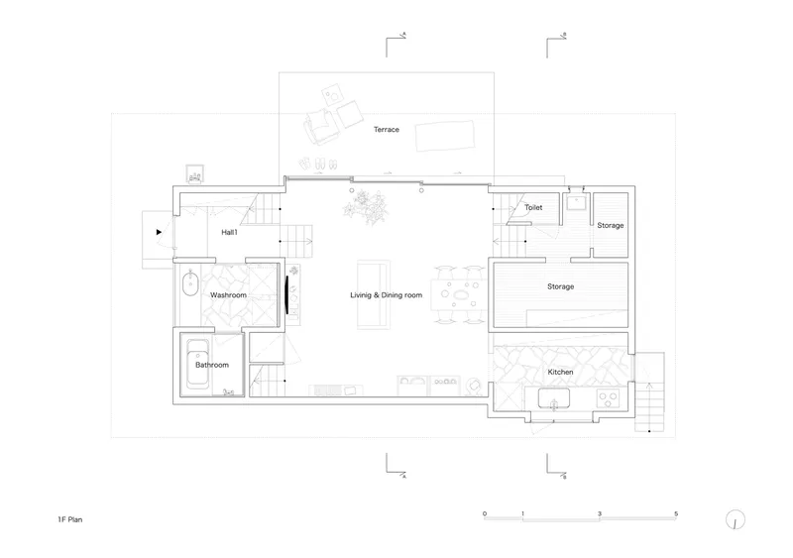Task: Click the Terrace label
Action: pyautogui.click(x=387, y=130)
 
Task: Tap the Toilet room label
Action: pyautogui.click(x=533, y=207)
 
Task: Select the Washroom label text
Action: pyautogui.click(x=228, y=295)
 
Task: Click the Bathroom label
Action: pyautogui.click(x=212, y=365)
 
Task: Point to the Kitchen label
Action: pyautogui.click(x=560, y=372)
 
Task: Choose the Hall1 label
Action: pyautogui.click(x=229, y=232)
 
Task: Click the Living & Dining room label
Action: pyautogui.click(x=387, y=295)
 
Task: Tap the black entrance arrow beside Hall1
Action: pyautogui.click(x=159, y=232)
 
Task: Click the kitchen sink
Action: pyautogui.click(x=554, y=398)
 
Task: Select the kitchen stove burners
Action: pyautogui.click(x=608, y=398)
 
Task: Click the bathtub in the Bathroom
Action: pyautogui.click(x=197, y=364)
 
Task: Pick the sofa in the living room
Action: pyautogui.click(x=374, y=294)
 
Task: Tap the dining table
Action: pyautogui.click(x=458, y=294)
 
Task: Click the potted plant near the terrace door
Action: pyautogui.click(x=366, y=206)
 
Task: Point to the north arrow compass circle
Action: pyautogui.click(x=736, y=519)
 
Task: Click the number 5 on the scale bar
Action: pyautogui.click(x=676, y=514)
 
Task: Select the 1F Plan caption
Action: pyautogui.click(x=69, y=519)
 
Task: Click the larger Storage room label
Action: pyautogui.click(x=560, y=286)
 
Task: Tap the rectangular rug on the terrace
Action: pyautogui.click(x=445, y=136)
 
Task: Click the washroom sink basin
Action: pyautogui.click(x=190, y=283)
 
